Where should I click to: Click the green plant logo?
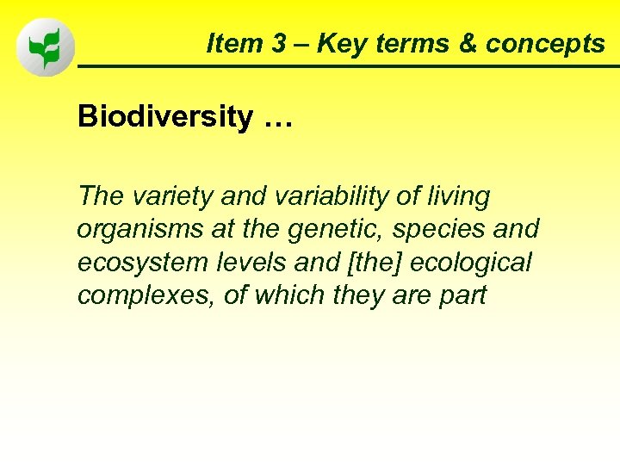[46, 47]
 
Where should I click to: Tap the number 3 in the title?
[278, 44]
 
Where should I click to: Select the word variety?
[175, 197]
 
